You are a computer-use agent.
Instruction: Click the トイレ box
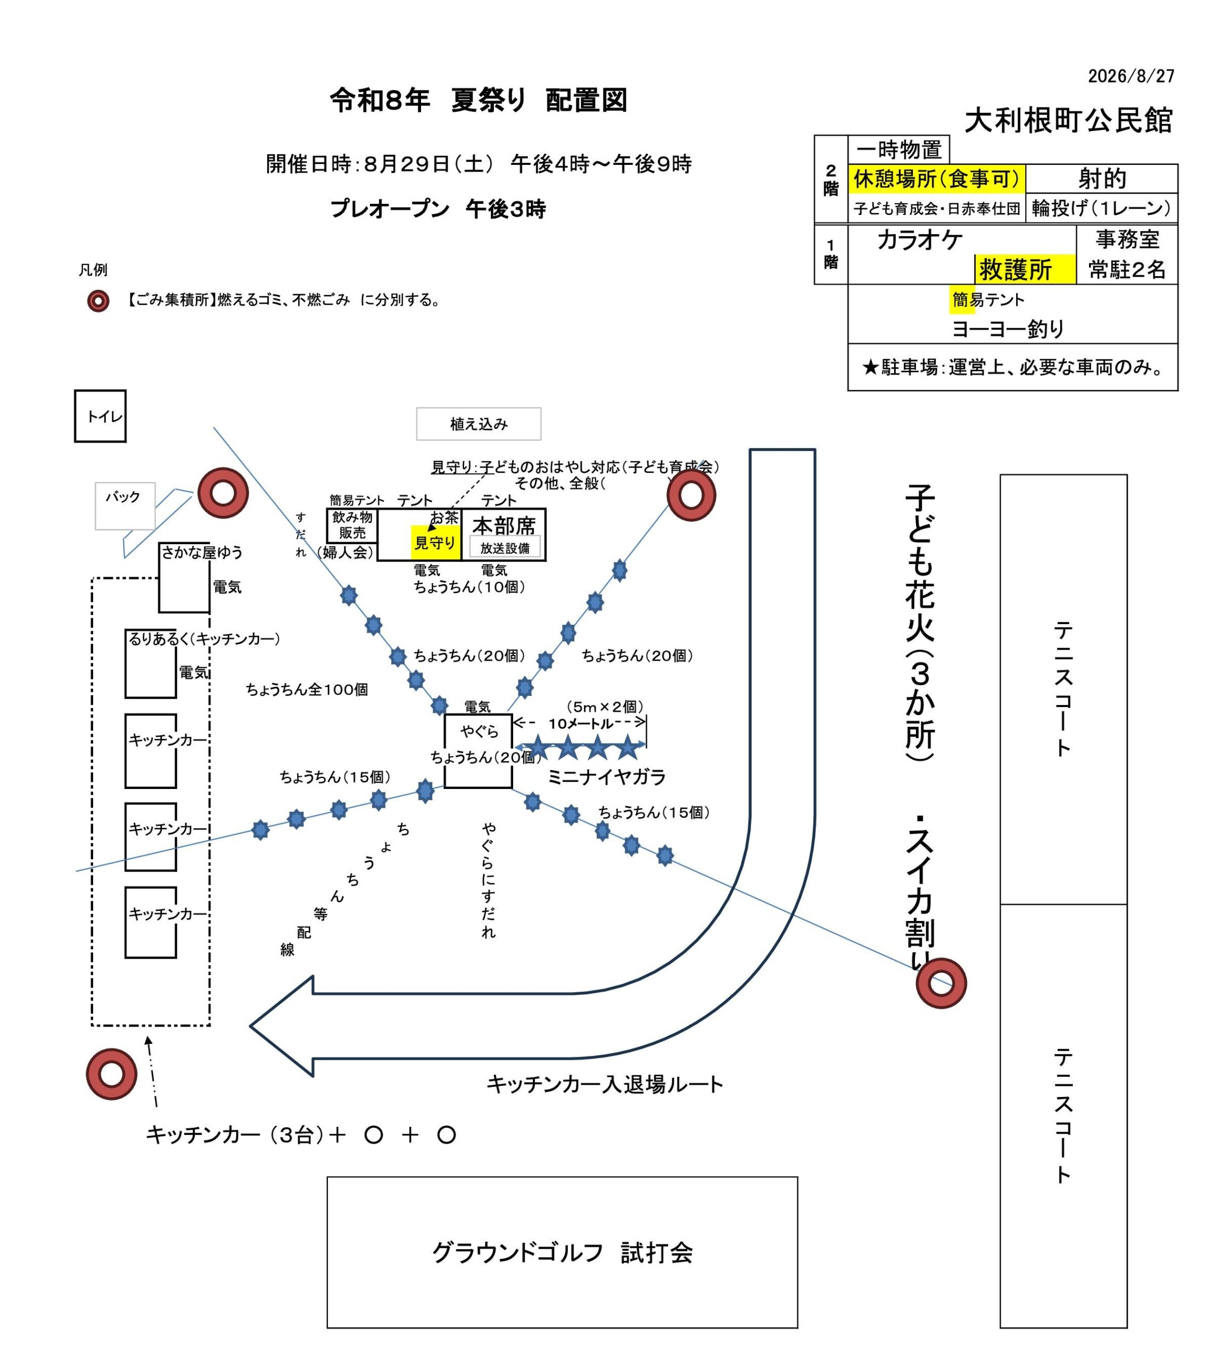click(100, 416)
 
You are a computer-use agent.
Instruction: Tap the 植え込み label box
click(478, 424)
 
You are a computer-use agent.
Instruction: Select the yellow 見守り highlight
click(435, 542)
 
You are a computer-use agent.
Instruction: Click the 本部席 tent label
click(504, 526)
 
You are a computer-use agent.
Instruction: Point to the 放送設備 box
click(505, 548)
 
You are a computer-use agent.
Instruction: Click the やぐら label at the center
click(479, 731)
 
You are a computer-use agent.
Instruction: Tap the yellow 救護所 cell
click(1025, 269)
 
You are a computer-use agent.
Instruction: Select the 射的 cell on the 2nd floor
click(1102, 179)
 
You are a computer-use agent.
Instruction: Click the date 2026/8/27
click(1131, 76)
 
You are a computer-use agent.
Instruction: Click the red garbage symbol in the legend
click(98, 301)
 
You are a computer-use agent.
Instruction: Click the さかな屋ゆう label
click(202, 552)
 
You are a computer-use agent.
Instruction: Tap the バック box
click(125, 506)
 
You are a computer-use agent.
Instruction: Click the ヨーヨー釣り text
click(1008, 328)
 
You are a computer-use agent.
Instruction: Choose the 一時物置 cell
click(898, 150)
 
